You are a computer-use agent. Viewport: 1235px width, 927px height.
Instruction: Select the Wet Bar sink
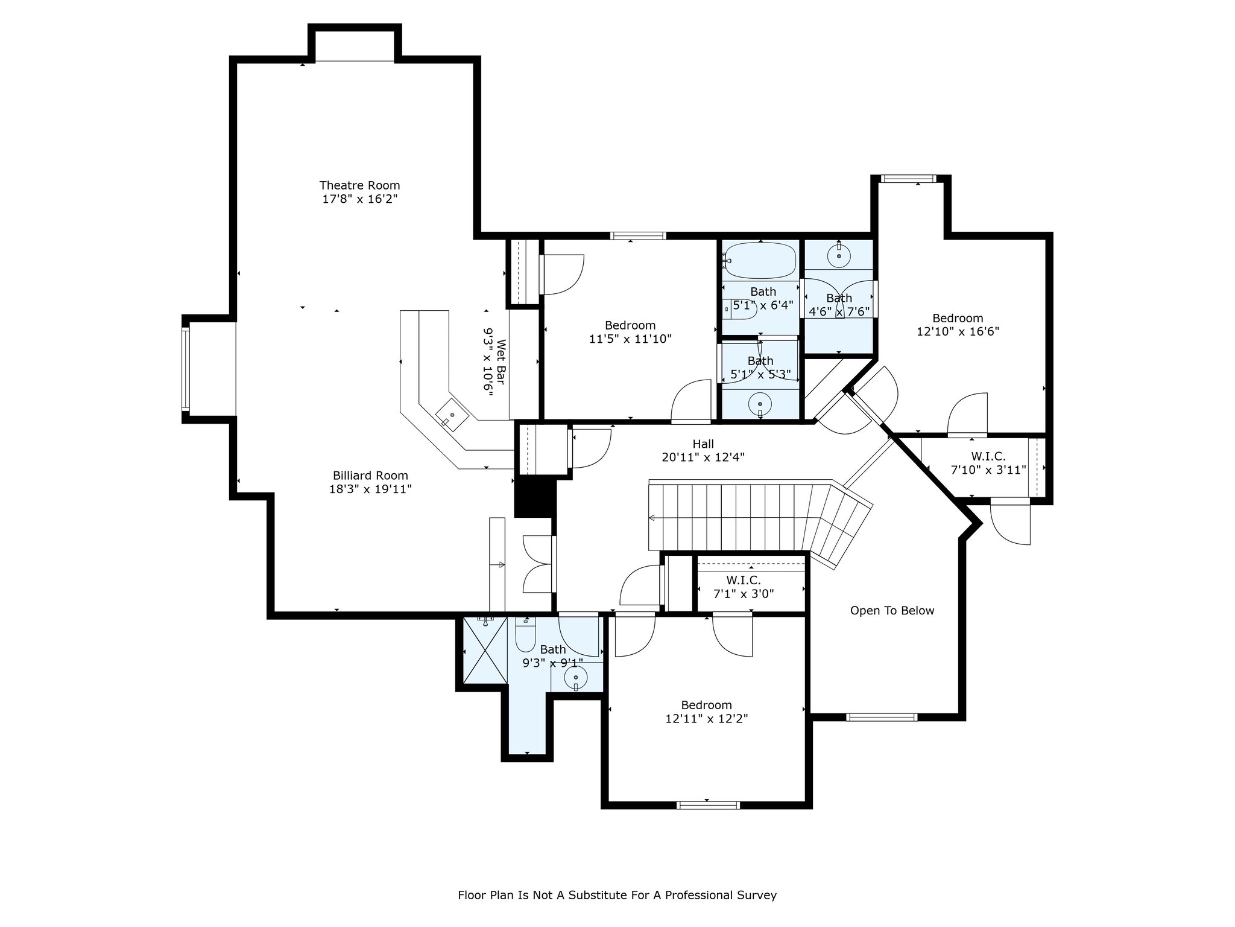point(452,413)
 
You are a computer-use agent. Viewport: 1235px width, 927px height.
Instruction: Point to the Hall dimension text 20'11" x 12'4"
point(703,457)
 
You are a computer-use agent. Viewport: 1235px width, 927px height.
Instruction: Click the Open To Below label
point(892,611)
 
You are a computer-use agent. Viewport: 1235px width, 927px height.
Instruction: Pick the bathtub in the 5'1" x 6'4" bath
point(760,260)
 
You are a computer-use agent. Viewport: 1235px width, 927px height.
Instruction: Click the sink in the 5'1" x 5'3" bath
point(760,404)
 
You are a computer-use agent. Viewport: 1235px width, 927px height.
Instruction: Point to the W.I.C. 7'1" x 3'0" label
point(744,587)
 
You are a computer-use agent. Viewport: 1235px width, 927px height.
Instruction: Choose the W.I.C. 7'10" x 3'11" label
point(988,463)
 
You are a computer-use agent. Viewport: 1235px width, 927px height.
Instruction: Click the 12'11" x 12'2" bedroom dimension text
point(707,719)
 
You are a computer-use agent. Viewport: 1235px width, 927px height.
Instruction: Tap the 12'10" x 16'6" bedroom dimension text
point(958,331)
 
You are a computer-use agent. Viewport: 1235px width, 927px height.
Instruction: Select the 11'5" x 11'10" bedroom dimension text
point(630,339)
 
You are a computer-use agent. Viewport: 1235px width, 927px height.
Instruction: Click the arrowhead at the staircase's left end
point(652,518)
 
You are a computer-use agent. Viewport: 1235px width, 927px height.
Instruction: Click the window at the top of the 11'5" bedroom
point(638,236)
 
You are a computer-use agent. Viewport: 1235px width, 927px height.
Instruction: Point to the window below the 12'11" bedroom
point(709,805)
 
